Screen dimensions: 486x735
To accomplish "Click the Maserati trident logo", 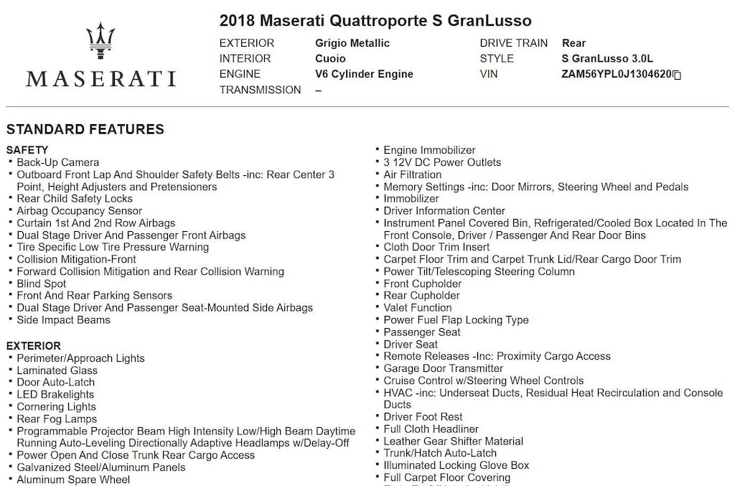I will pos(100,41).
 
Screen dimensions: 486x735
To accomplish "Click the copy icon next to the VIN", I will pos(677,75).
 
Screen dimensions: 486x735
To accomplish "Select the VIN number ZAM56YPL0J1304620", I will pos(617,74).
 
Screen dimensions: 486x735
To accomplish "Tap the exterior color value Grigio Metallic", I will pos(352,43).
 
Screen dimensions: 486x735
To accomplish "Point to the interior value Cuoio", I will pos(330,59).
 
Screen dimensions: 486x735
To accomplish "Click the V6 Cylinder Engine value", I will pos(364,74).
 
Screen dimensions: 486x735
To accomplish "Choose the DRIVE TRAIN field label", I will pos(513,43).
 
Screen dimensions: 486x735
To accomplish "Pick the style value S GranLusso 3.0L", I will pos(608,59).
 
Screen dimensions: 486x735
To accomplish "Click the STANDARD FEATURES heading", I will pos(85,130).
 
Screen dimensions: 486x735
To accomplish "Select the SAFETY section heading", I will pos(27,150).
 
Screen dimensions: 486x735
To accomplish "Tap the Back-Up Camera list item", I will pos(58,162).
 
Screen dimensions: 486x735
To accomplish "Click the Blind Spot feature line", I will pos(42,284).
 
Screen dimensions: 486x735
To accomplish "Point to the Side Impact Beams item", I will pos(64,319).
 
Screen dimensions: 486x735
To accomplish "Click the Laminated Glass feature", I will pos(57,370).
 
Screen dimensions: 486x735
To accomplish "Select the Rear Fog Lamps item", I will pos(57,419).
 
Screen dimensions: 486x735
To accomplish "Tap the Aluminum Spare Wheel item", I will pos(73,480).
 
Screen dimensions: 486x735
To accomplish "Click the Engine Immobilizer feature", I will pos(429,150).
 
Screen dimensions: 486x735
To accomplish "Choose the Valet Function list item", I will pos(418,307).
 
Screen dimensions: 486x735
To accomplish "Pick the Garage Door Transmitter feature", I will pos(444,368).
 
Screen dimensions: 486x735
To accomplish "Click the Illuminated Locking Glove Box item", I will pos(457,465).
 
